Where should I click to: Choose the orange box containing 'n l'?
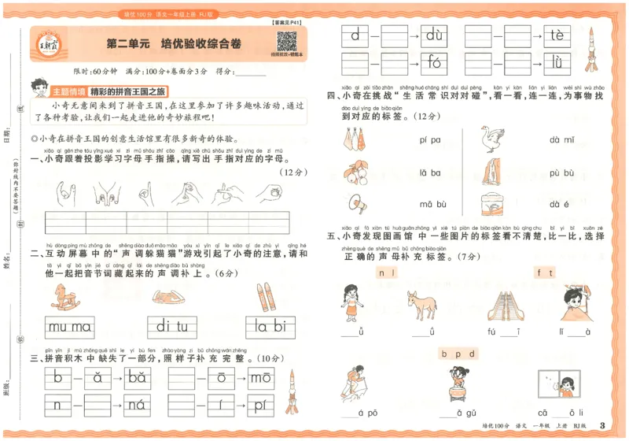pyautogui.click(x=386, y=273)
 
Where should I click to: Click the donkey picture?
pyautogui.click(x=422, y=304)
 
